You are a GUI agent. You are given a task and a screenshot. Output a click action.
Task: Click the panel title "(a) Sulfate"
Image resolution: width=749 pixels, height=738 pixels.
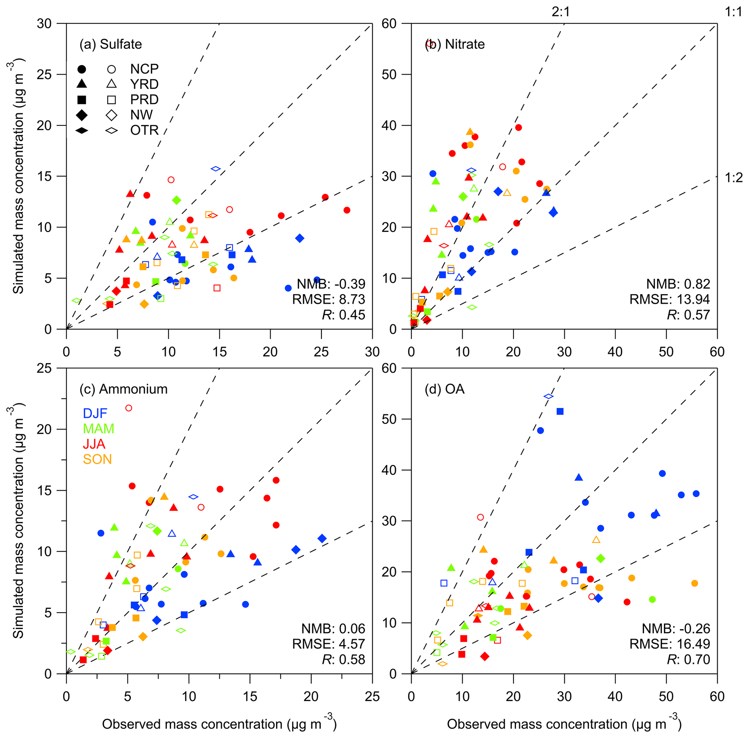(x=111, y=45)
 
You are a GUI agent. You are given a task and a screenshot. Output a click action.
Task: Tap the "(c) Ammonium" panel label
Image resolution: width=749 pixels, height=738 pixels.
(x=123, y=389)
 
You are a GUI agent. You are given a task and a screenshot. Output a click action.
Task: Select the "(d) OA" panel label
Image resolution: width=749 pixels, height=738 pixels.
(x=444, y=389)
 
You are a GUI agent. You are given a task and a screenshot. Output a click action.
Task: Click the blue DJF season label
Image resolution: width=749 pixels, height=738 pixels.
(x=95, y=413)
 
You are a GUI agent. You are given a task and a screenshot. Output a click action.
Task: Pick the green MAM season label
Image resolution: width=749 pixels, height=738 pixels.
(x=99, y=429)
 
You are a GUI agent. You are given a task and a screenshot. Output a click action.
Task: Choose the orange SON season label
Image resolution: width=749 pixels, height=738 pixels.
(x=97, y=460)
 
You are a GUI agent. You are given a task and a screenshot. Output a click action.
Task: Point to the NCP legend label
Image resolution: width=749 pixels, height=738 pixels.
(x=144, y=69)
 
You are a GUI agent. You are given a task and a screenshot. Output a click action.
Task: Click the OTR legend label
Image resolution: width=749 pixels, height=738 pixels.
(x=144, y=130)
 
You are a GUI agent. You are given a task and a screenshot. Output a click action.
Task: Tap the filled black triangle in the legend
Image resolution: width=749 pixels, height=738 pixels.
(x=82, y=84)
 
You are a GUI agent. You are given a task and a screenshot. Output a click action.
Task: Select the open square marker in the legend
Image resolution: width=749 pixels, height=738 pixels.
(x=112, y=100)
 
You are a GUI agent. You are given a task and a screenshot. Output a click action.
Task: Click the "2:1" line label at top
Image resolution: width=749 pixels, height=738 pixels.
(x=561, y=12)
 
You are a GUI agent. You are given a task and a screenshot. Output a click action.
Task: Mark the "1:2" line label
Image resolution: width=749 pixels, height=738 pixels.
(x=733, y=178)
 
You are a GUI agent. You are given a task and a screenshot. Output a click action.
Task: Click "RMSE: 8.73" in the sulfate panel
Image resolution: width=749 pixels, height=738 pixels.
(x=328, y=299)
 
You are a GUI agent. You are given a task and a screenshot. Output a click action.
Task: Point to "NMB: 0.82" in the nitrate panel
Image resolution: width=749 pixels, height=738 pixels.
(x=678, y=284)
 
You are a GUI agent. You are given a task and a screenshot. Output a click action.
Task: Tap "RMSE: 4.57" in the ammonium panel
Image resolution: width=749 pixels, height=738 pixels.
(x=328, y=644)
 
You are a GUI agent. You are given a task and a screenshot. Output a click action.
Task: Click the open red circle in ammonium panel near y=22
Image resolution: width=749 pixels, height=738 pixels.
(x=129, y=408)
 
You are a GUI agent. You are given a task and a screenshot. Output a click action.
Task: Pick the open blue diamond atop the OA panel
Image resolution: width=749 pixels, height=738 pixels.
(x=549, y=396)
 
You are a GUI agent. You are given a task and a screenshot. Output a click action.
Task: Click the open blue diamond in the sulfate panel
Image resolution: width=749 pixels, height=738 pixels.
(x=216, y=169)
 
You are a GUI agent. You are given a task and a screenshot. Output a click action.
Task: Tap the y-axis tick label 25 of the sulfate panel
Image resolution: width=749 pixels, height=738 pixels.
(x=44, y=74)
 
